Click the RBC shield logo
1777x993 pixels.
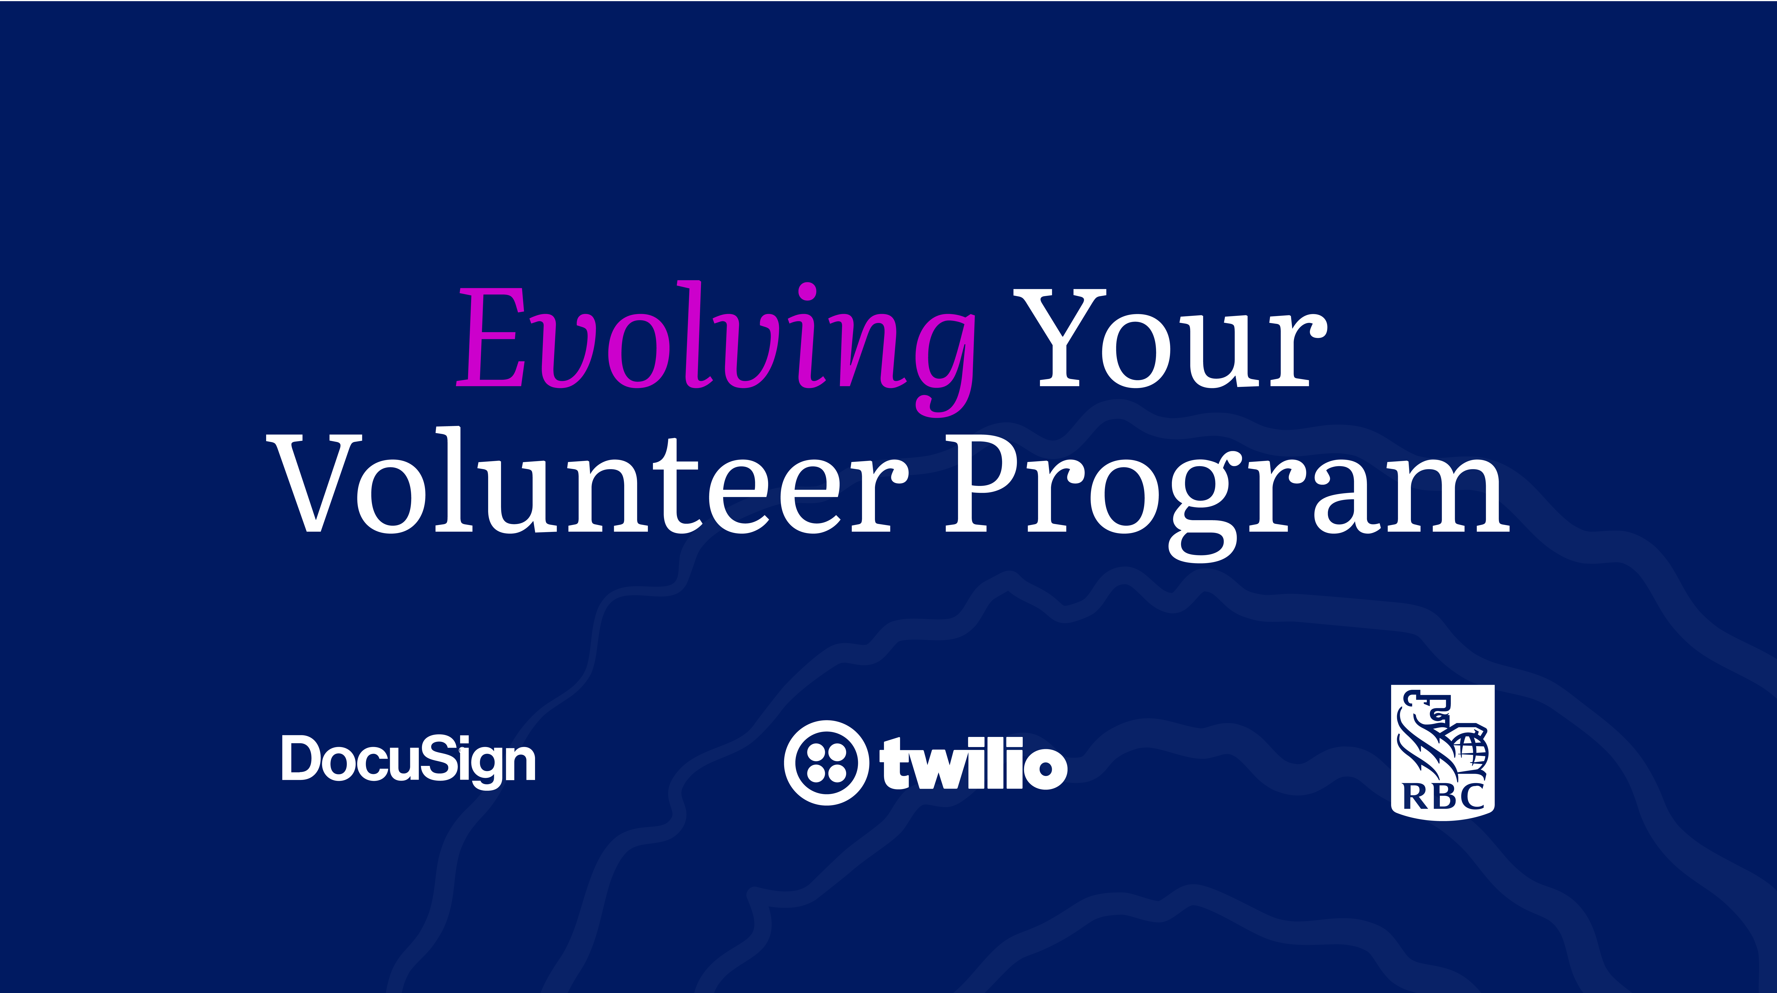click(1442, 752)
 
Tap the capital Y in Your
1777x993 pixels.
click(1059, 338)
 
